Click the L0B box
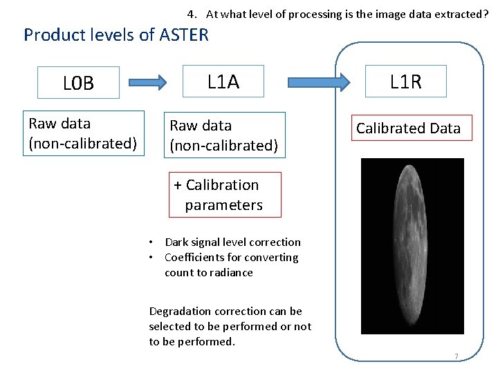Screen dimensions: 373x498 (78, 83)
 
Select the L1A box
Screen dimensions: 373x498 (223, 82)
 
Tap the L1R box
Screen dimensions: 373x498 (405, 82)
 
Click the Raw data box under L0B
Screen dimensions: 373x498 (82, 133)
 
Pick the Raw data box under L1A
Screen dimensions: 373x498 (223, 135)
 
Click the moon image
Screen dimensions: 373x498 (412, 246)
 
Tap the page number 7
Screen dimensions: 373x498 (456, 356)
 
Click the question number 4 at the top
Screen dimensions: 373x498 (191, 14)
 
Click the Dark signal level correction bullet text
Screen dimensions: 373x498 (232, 242)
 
